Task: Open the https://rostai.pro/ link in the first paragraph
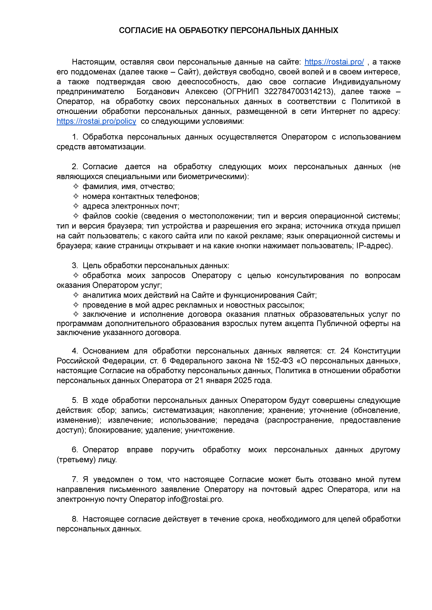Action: pos(334,62)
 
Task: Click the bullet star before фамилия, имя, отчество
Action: pos(76,187)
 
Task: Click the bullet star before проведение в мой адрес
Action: pos(76,305)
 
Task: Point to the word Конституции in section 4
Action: pos(377,351)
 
